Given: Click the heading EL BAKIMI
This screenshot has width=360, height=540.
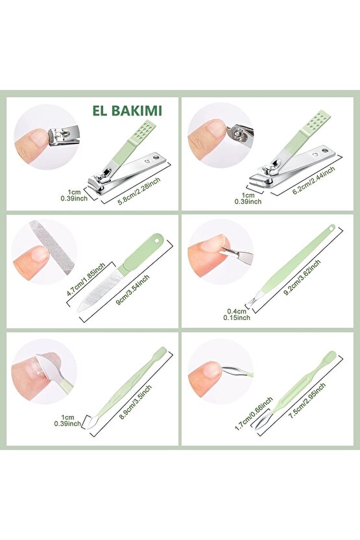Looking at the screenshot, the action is coord(127,110).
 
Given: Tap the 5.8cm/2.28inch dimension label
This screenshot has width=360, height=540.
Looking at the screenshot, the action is coord(139,191).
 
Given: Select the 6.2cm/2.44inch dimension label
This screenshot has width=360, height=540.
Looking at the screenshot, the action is coord(313,180).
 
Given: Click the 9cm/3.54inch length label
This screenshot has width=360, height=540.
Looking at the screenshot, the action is coord(132,290).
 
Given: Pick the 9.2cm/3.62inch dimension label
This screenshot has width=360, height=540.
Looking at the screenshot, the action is coord(302,278).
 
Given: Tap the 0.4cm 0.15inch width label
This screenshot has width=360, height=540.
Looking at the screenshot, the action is coord(237,314).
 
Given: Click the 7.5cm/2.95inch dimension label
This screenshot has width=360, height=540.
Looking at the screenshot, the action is coord(307,400).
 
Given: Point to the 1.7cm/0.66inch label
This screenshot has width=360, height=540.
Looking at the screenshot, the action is coord(254,413).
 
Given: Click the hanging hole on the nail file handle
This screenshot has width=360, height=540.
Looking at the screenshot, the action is coord(159,238).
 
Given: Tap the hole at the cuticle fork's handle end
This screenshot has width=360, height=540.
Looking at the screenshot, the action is coord(331,228).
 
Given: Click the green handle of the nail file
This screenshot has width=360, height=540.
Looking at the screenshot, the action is coord(141,252).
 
